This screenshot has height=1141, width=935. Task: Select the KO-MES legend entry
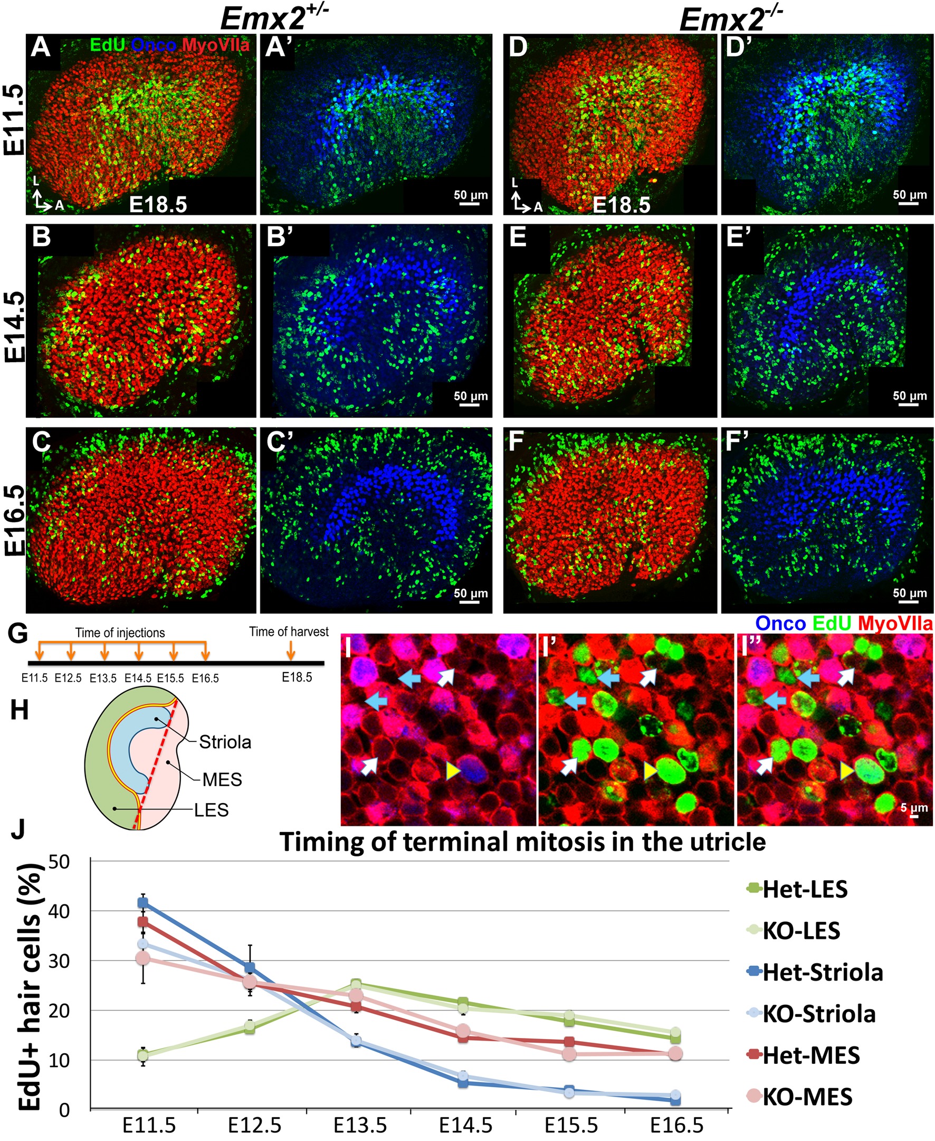tap(807, 1097)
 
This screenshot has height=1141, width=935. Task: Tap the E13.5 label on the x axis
tap(360, 1125)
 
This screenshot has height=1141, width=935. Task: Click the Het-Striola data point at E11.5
tap(142, 902)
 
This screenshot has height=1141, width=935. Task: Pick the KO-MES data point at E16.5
tap(675, 1054)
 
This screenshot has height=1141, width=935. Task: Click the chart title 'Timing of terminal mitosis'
tap(522, 841)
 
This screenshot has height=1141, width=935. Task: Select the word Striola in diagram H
tap(225, 742)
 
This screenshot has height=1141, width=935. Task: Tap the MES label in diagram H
tap(222, 779)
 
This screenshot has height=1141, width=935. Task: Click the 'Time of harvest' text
tap(289, 631)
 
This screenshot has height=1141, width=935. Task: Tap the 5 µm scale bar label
tap(914, 808)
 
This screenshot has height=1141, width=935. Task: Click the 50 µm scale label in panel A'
tap(470, 195)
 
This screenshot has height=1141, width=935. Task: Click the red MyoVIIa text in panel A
tap(215, 45)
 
